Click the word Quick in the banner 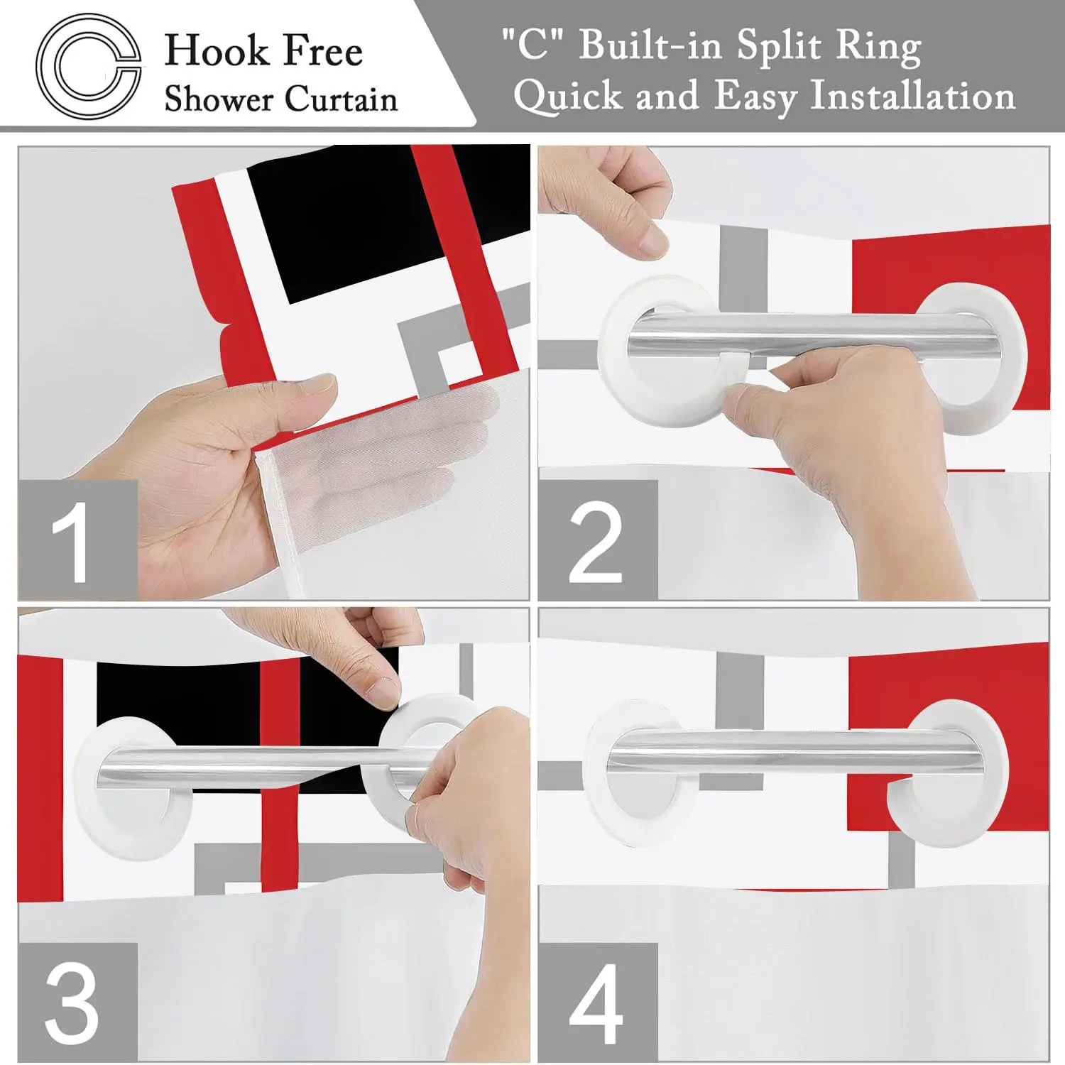point(567,96)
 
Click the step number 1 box point(77,540)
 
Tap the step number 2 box point(598,540)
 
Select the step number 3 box point(77,1003)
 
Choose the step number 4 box point(598,1003)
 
